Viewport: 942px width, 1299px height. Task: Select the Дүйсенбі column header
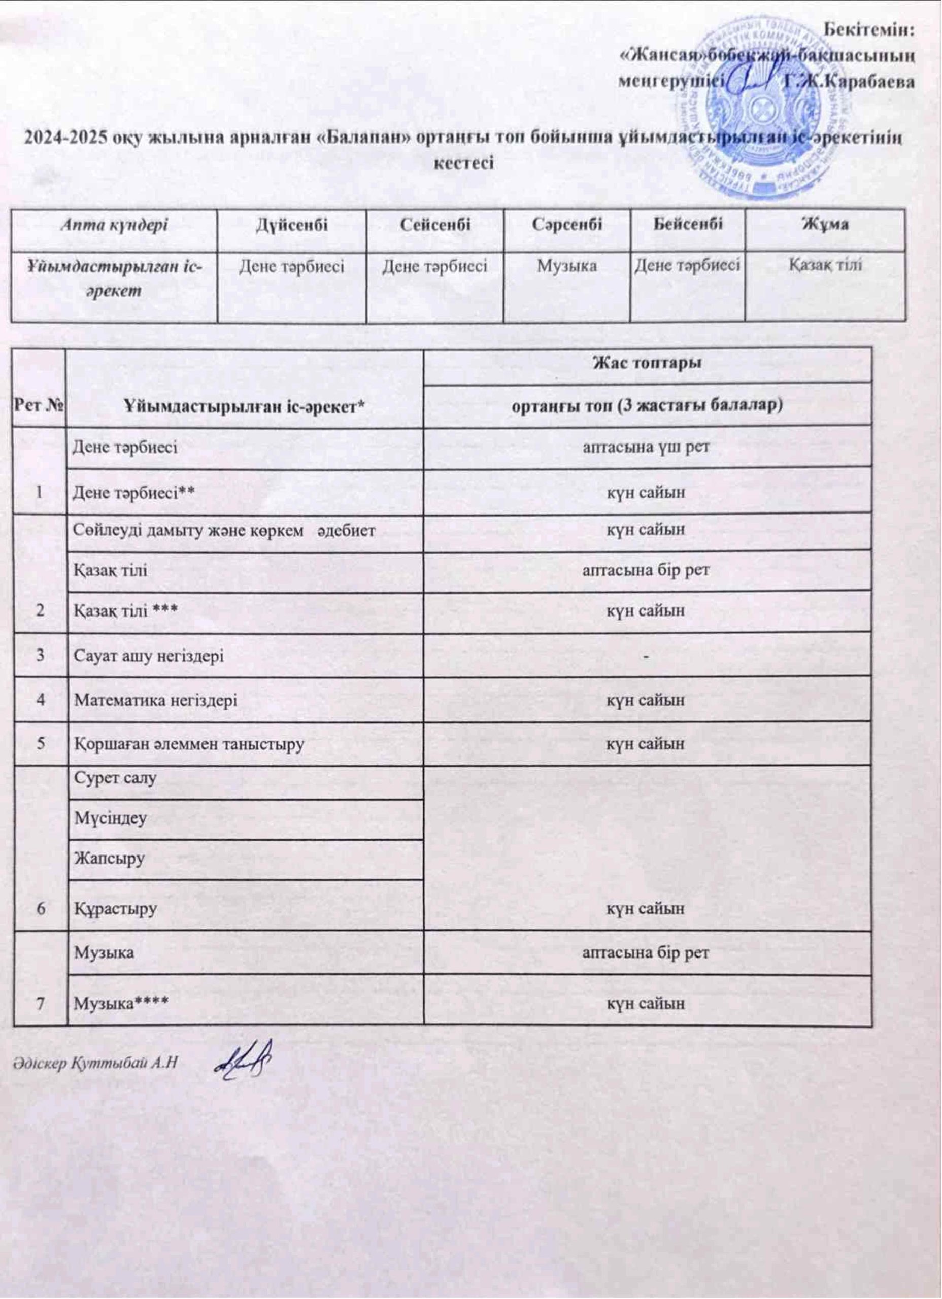[291, 224]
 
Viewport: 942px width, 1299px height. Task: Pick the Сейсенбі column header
[435, 224]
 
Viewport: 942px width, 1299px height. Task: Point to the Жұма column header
[825, 224]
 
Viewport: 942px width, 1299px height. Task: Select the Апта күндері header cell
[114, 224]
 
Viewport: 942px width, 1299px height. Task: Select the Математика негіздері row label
[155, 700]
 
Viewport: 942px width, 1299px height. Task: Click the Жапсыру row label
[108, 859]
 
